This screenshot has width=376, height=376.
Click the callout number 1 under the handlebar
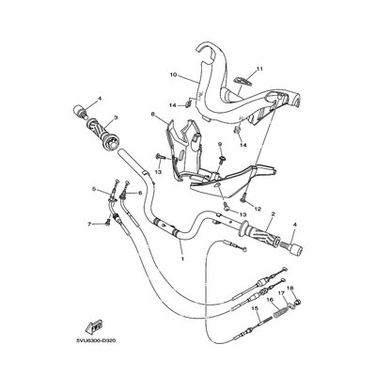point(182,259)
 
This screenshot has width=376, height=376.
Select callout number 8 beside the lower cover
point(153,115)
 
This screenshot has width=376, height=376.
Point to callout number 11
point(259,69)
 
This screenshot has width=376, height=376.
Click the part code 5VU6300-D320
point(92,340)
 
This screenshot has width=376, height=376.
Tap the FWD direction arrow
point(93,326)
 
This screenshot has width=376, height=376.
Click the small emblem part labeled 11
point(243,80)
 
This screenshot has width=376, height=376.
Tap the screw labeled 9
point(223,159)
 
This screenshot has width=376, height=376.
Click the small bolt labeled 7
point(108,222)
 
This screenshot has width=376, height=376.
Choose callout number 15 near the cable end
point(256,308)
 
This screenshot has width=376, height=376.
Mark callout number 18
point(290,288)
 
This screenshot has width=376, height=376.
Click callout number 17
point(281,293)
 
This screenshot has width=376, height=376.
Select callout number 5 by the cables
point(93,189)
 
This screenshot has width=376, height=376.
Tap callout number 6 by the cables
point(140,193)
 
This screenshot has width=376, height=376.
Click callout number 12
point(258,209)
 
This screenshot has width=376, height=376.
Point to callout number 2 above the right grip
point(273,213)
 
